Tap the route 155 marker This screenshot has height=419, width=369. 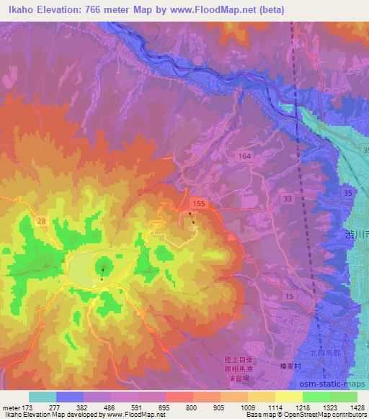tap(199, 204)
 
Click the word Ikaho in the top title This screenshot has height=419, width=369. tap(19, 10)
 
